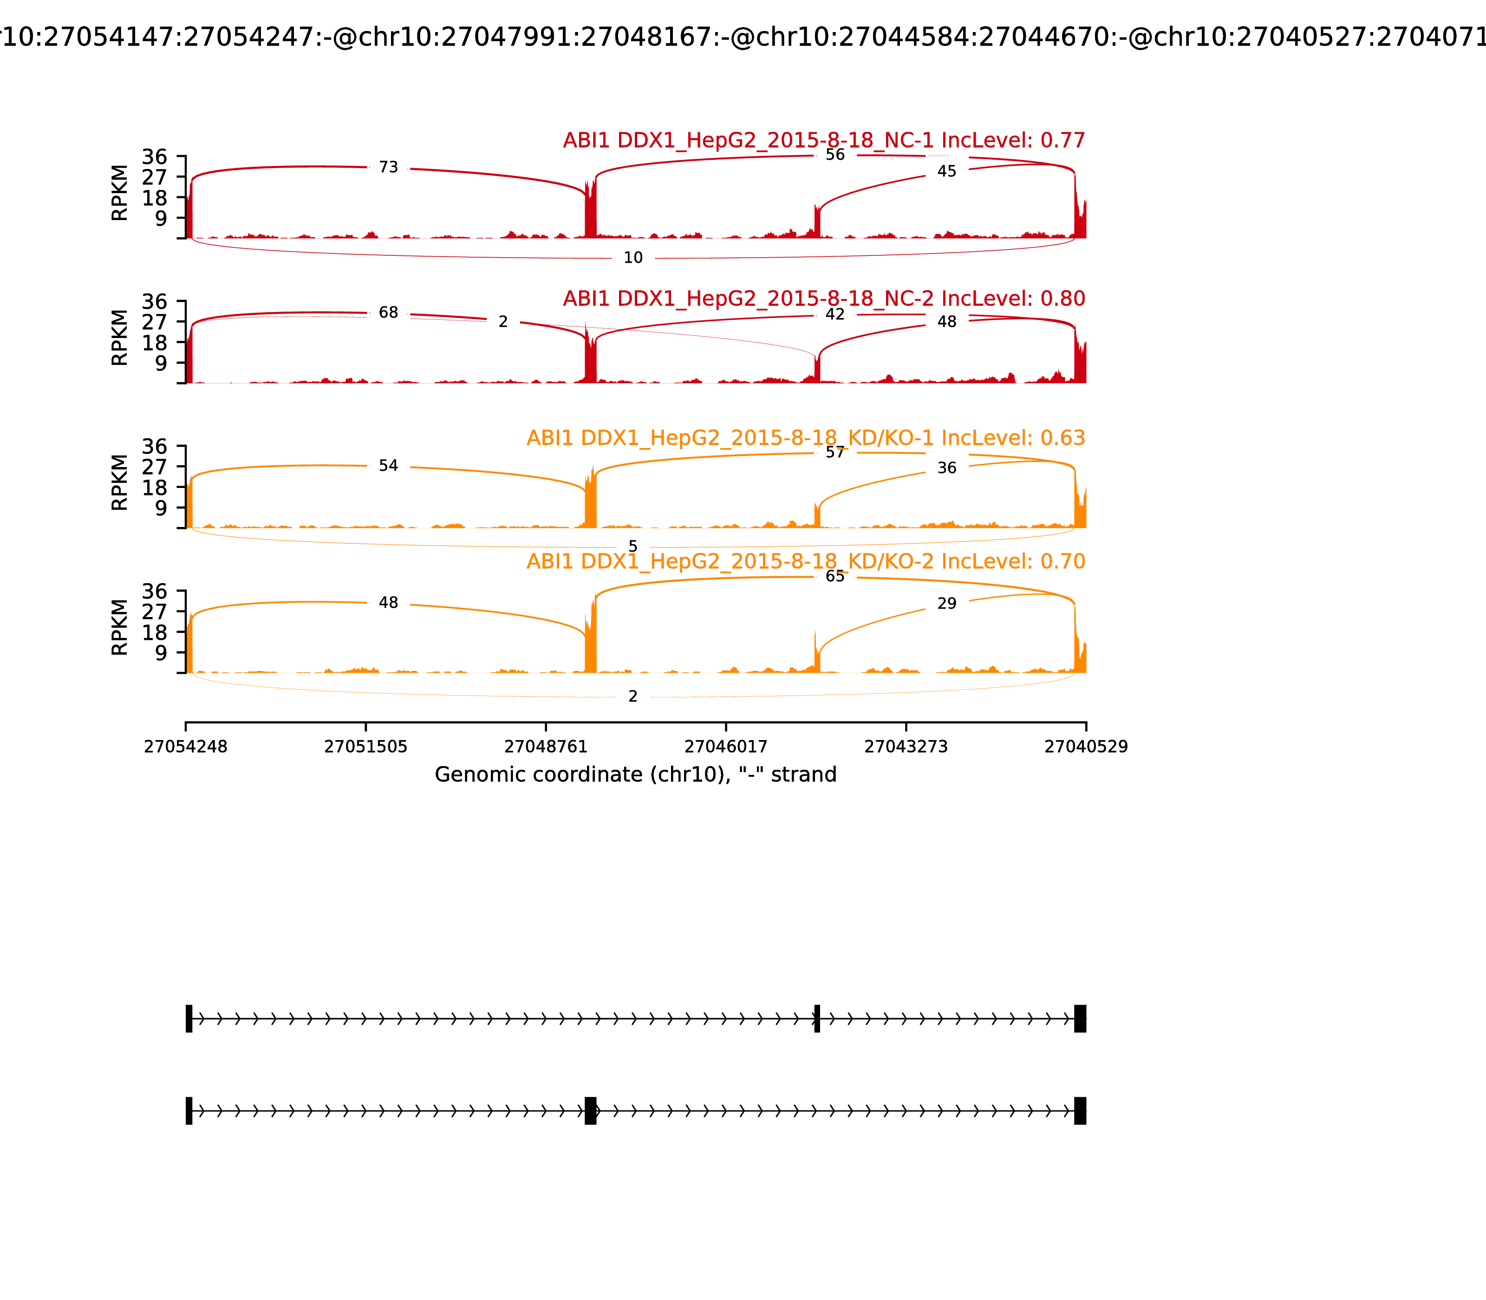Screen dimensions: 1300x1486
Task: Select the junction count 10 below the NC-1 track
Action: click(x=632, y=258)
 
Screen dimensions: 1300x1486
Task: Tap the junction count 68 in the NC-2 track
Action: click(x=388, y=312)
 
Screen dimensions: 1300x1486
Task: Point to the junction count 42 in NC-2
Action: click(x=834, y=314)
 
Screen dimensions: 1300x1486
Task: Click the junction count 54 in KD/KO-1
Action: click(x=388, y=466)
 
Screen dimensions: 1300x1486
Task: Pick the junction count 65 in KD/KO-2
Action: click(x=834, y=577)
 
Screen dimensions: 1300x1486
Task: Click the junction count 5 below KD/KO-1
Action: click(x=632, y=546)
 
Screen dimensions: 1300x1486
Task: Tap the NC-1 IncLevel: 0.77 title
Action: click(x=823, y=141)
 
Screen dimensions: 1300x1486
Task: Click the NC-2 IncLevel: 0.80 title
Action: click(x=823, y=298)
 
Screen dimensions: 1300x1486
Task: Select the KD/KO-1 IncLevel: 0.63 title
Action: click(x=805, y=438)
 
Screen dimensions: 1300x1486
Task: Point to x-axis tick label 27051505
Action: click(x=366, y=747)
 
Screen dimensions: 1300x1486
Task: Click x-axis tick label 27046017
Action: click(x=725, y=747)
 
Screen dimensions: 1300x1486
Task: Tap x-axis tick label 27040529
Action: click(x=1086, y=747)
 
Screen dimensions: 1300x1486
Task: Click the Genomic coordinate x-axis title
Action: click(x=636, y=775)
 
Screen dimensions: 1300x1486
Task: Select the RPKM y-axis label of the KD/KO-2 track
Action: click(x=120, y=628)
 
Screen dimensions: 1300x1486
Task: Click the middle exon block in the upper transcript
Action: click(x=817, y=1019)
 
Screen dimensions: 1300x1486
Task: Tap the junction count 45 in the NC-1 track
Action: click(x=946, y=171)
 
